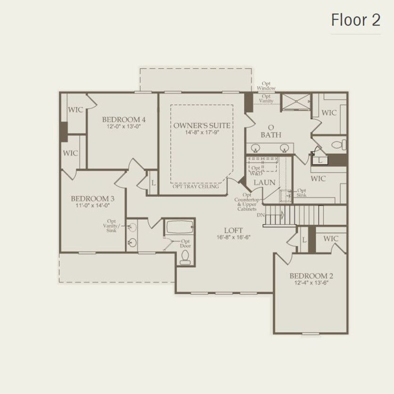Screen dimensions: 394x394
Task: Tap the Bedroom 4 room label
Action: point(124,120)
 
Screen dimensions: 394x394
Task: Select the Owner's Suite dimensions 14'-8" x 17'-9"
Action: point(202,133)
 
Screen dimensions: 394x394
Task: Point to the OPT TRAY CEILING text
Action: point(195,187)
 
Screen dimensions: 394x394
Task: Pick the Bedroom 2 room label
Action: point(311,276)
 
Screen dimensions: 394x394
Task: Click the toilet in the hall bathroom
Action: point(185,256)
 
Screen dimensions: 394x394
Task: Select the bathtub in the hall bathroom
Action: point(179,227)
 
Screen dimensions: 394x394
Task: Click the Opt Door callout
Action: point(185,243)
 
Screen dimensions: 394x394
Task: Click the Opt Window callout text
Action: point(266,85)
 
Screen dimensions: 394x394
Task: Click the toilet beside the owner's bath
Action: point(337,143)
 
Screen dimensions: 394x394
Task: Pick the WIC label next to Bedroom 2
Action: point(331,239)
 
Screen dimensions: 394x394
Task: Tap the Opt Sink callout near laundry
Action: point(301,193)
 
